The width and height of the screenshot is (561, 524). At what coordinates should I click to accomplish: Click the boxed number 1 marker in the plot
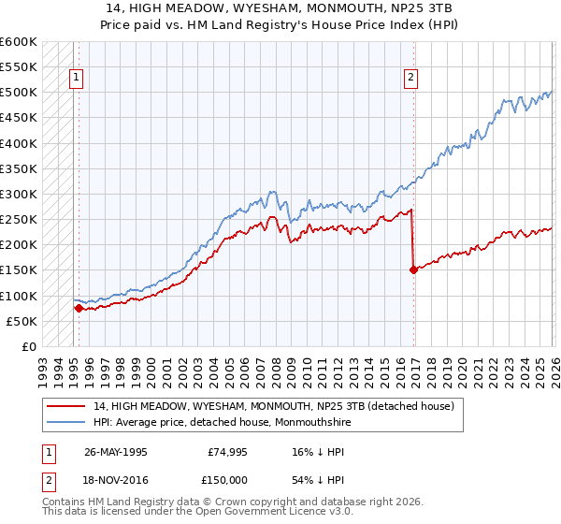[76, 79]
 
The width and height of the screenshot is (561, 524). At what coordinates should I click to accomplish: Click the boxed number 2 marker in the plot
[410, 79]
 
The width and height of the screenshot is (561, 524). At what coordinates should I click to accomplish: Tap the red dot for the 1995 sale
[79, 308]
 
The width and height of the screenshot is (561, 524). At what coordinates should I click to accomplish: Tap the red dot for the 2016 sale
[413, 269]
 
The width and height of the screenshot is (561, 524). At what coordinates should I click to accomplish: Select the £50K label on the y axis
[21, 321]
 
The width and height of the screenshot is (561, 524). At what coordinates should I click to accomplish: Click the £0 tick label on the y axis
[28, 346]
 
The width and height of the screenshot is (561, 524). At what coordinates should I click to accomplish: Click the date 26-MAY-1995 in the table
[115, 451]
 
